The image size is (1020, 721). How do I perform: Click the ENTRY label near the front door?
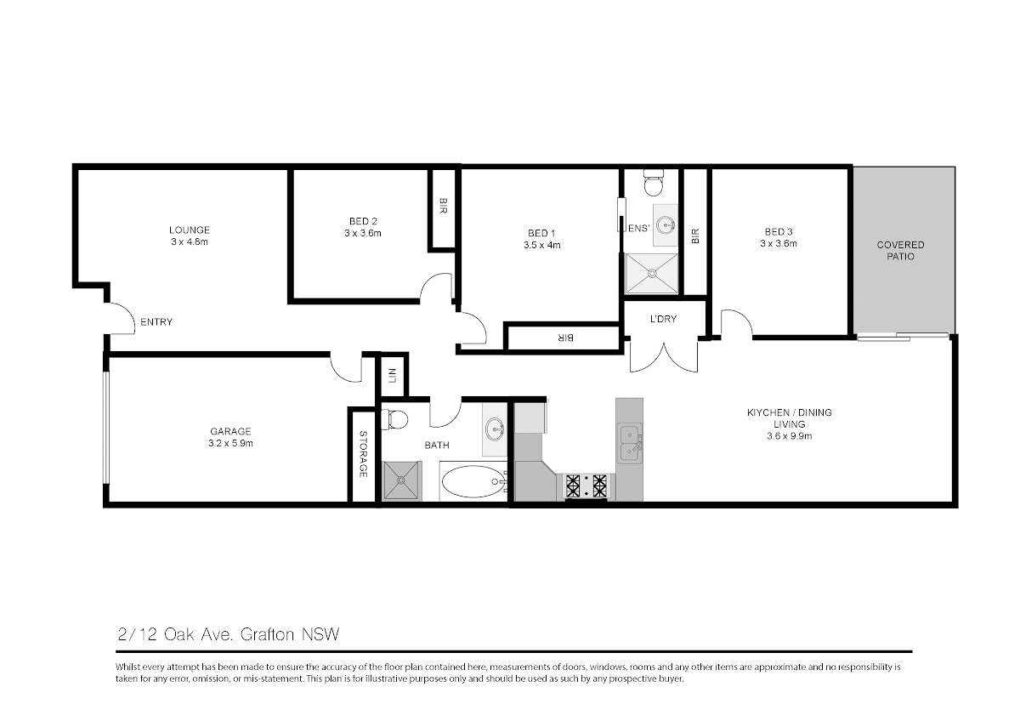click(156, 322)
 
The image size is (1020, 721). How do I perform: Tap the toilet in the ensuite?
click(654, 182)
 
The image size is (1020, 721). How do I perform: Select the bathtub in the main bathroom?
click(473, 481)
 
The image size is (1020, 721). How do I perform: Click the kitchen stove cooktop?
click(586, 486)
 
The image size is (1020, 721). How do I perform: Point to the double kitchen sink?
click(629, 443)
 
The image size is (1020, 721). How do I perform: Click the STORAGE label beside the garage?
click(363, 454)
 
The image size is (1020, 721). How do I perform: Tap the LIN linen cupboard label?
click(393, 375)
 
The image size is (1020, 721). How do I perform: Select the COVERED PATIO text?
click(900, 251)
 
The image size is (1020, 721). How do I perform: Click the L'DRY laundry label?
click(663, 319)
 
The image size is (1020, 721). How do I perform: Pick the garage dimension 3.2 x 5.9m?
click(230, 443)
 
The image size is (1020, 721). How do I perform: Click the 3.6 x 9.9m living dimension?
click(789, 436)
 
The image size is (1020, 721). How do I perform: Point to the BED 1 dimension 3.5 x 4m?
click(542, 245)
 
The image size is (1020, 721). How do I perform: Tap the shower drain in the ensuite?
click(652, 273)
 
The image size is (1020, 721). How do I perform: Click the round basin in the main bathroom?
click(495, 429)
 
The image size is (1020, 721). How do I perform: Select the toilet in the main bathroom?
click(394, 419)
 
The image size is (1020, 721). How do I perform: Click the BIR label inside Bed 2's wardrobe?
click(443, 206)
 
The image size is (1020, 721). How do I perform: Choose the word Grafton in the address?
click(267, 634)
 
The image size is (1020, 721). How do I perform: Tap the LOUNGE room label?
click(190, 230)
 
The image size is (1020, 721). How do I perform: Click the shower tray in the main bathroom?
click(401, 480)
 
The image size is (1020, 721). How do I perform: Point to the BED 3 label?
click(779, 232)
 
